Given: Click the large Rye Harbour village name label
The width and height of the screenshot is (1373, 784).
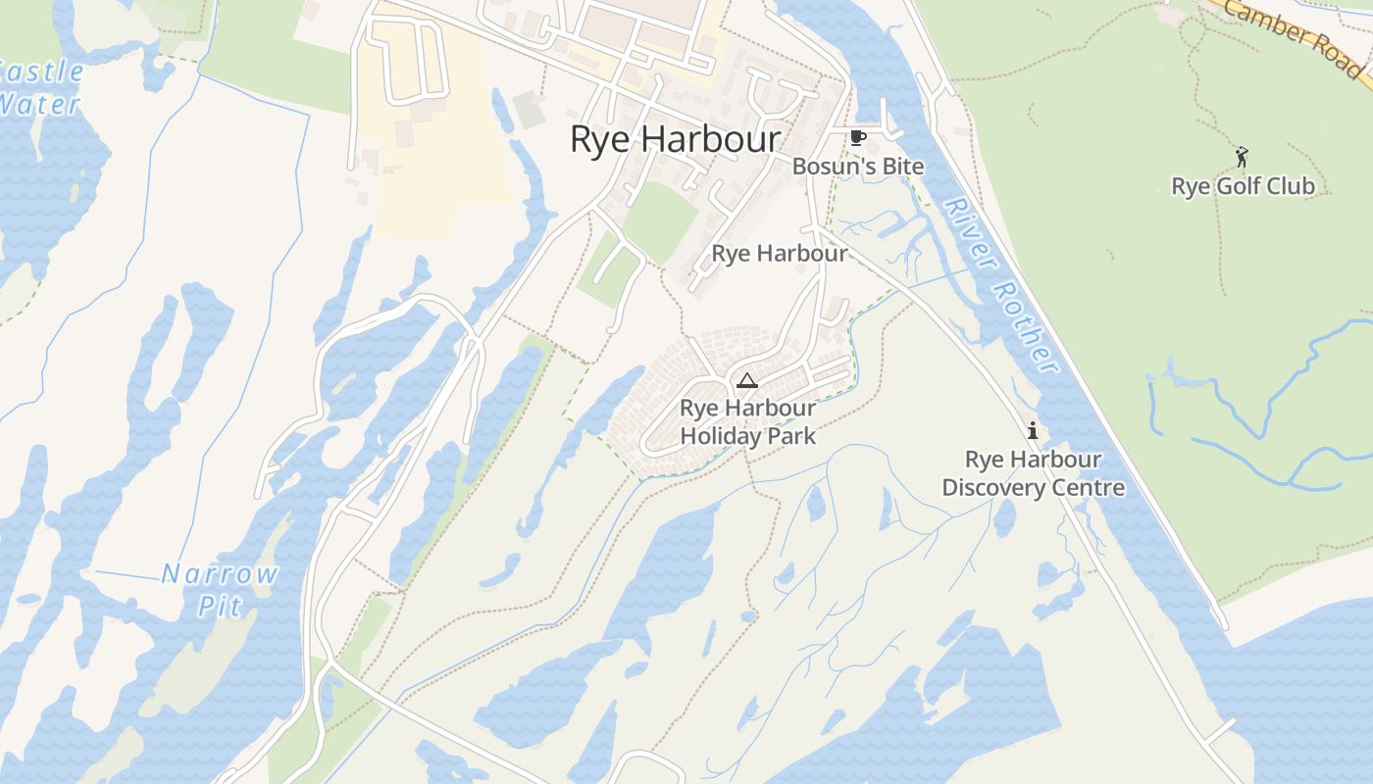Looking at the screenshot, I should coord(676,140).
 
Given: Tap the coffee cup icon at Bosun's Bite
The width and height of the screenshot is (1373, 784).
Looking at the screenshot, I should coord(858,137).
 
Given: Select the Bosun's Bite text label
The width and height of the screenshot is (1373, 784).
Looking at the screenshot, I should coord(858,167).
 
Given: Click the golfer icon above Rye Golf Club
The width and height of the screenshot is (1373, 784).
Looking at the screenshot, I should coord(1242,156).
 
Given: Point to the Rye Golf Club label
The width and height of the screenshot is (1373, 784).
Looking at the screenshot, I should coord(1243,186).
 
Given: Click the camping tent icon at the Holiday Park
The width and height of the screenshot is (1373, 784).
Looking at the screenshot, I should coord(747,380).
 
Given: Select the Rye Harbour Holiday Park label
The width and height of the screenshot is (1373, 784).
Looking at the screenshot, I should coord(747,422).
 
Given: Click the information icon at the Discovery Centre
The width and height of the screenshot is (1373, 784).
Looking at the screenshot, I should coord(1032,430).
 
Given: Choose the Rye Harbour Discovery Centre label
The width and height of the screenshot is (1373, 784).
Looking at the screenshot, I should coord(1033,473).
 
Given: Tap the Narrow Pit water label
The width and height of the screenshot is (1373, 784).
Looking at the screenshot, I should coord(220,589).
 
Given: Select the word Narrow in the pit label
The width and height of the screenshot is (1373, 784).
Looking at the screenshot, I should coord(220,574).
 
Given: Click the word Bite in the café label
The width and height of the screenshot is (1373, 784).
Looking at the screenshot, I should coord(902,167).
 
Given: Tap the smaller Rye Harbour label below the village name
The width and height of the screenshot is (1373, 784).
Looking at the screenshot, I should coord(780,254).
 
